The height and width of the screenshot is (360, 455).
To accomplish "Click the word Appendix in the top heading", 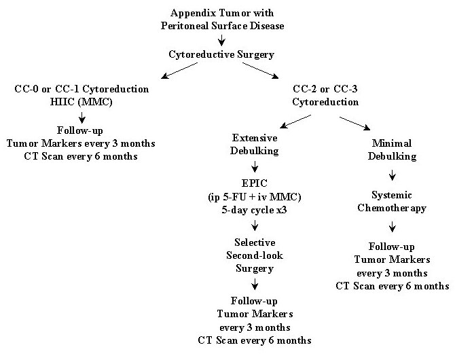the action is coord(193,14).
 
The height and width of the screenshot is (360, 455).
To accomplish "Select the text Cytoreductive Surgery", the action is coord(221,54).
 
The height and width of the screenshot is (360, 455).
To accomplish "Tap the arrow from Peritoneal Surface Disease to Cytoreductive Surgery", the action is coord(221,40).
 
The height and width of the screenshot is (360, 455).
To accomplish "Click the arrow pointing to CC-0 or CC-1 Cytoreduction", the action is coord(179,71).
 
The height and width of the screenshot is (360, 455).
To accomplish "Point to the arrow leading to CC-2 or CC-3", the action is coord(260,71).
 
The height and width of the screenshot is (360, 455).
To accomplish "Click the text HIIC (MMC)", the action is coord(81,102).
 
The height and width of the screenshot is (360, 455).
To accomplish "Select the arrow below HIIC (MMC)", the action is coord(81,118).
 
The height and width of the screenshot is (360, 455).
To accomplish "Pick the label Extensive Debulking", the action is coord(255,144).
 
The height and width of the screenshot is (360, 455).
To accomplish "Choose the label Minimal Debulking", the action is coord(392,150).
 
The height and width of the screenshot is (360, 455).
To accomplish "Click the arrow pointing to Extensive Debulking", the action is coord(295,122).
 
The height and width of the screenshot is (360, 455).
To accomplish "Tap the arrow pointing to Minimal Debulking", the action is coord(355,124).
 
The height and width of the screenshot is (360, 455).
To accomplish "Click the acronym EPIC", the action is coord(255,183).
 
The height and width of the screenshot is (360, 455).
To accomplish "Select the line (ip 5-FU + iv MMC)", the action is coord(255,197).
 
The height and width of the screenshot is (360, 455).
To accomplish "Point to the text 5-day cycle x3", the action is coord(254,210).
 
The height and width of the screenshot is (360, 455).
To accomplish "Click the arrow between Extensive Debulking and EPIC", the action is coord(255,167).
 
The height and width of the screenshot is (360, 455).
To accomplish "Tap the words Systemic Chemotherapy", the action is coord(392,202).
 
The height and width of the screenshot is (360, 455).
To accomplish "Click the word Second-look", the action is coord(255,255).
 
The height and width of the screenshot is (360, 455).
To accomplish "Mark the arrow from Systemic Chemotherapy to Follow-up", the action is coord(392,227).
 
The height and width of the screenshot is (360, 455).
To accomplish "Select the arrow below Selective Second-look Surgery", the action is coord(255,284).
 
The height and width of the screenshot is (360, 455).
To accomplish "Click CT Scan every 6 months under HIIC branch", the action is coord(81,156).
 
